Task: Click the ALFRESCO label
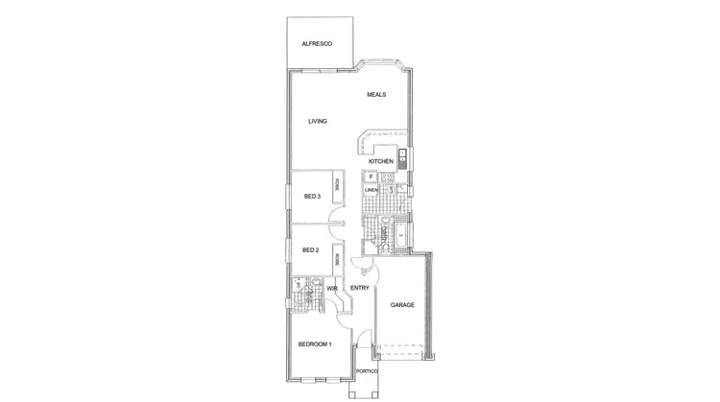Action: pyautogui.click(x=317, y=43)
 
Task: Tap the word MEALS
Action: pyautogui.click(x=376, y=94)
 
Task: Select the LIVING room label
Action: pyautogui.click(x=318, y=122)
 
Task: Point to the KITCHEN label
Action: pyautogui.click(x=381, y=161)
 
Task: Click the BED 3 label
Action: pyautogui.click(x=311, y=197)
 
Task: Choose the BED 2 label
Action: pyautogui.click(x=310, y=250)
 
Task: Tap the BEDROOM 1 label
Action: pyautogui.click(x=314, y=344)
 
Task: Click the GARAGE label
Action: pyautogui.click(x=402, y=305)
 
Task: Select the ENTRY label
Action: pyautogui.click(x=360, y=288)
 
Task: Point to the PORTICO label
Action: pyautogui.click(x=367, y=371)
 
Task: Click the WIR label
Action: pyautogui.click(x=331, y=288)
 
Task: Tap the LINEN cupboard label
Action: pyautogui.click(x=371, y=190)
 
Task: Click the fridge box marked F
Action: pyautogui.click(x=371, y=177)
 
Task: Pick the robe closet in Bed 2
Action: pyautogui.click(x=337, y=258)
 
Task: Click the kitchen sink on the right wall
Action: pyautogui.click(x=403, y=157)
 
